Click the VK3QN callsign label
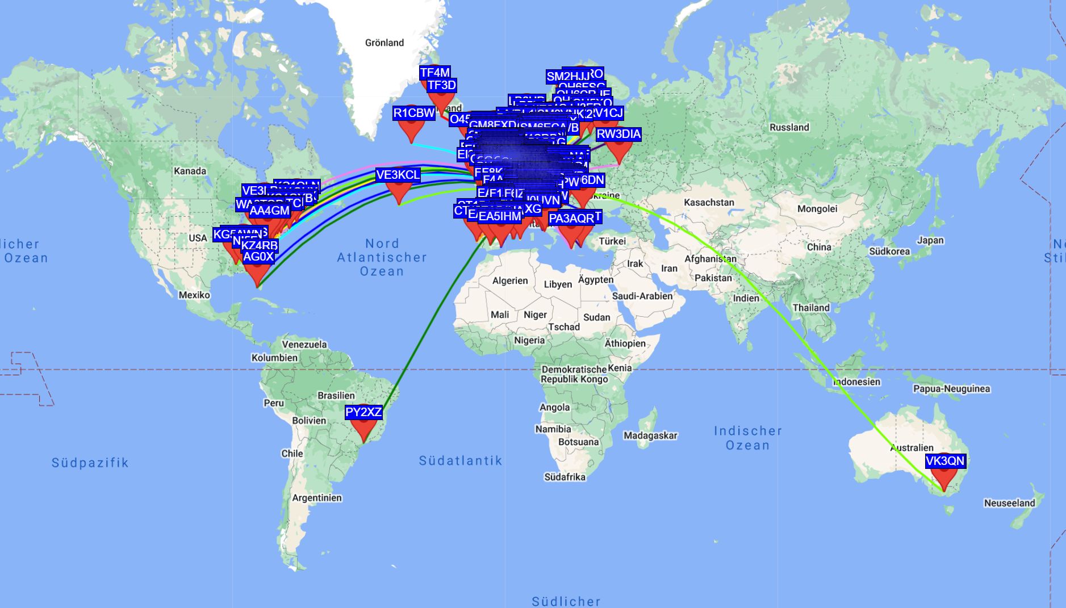945,461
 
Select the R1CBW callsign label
414,113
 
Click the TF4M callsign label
435,73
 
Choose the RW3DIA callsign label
618,134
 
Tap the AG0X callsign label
258,257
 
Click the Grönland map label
384,43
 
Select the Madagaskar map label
650,435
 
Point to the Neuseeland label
1009,503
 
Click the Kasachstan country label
709,202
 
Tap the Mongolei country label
817,208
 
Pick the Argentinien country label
317,498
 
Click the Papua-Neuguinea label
951,389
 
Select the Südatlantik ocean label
460,460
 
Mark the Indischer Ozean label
747,438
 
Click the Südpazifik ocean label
90,463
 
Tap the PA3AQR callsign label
571,219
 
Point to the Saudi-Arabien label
642,296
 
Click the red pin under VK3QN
943,480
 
